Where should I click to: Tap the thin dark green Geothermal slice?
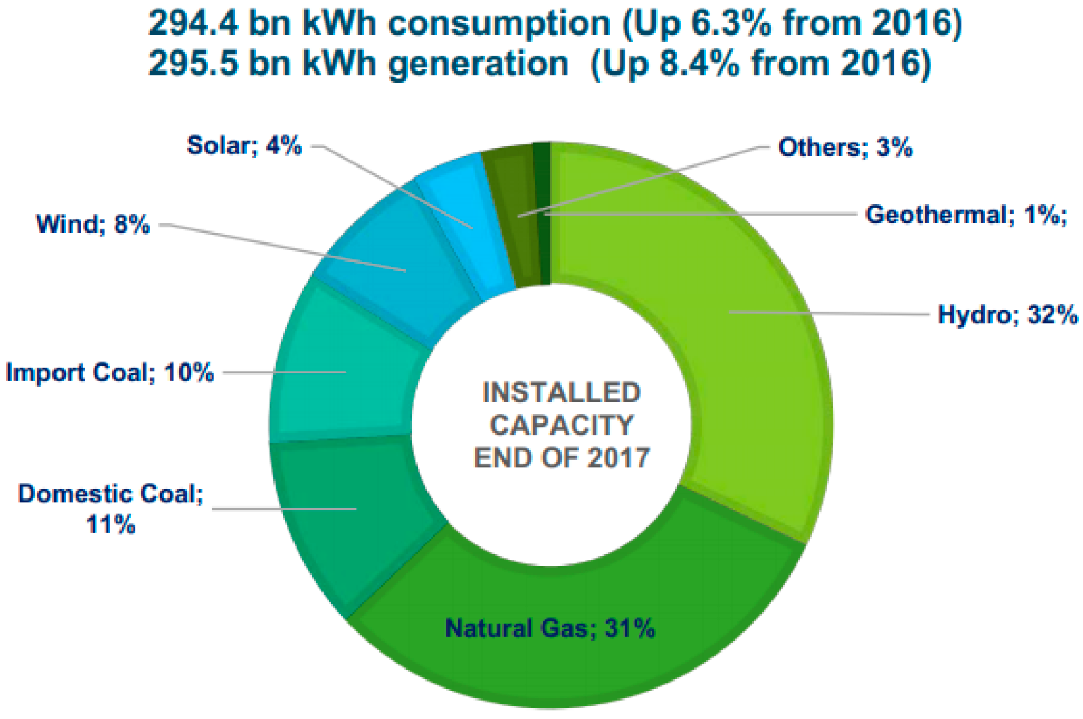point(542,212)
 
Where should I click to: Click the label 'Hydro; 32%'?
point(1007,315)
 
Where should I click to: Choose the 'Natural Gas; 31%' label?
point(550,629)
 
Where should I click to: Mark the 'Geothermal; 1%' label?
point(965,214)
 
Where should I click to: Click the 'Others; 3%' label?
point(845,148)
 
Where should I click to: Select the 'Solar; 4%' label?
point(244,146)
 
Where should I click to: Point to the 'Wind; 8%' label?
point(93,225)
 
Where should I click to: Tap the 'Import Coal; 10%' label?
point(110,373)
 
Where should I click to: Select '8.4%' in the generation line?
point(699,64)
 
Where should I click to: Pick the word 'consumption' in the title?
point(499,23)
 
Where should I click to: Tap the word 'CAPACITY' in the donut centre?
point(562,425)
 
